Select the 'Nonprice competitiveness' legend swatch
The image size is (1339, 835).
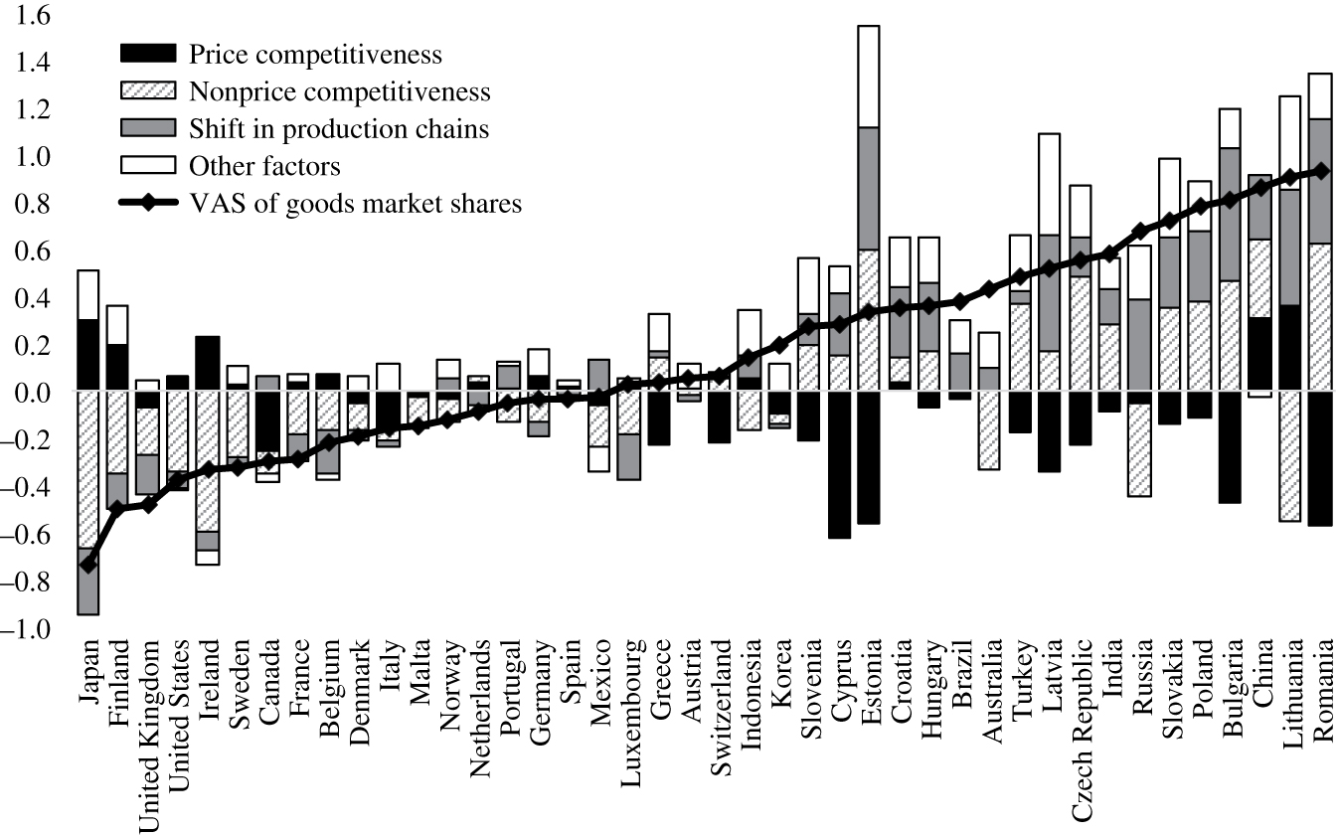click(147, 91)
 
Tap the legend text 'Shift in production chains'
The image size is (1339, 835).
click(337, 128)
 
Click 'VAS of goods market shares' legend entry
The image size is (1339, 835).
click(354, 203)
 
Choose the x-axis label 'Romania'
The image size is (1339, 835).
click(1321, 686)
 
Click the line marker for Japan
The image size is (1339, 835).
click(88, 564)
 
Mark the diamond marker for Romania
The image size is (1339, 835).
click(1321, 171)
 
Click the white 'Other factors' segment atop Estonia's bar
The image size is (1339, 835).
click(868, 77)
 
